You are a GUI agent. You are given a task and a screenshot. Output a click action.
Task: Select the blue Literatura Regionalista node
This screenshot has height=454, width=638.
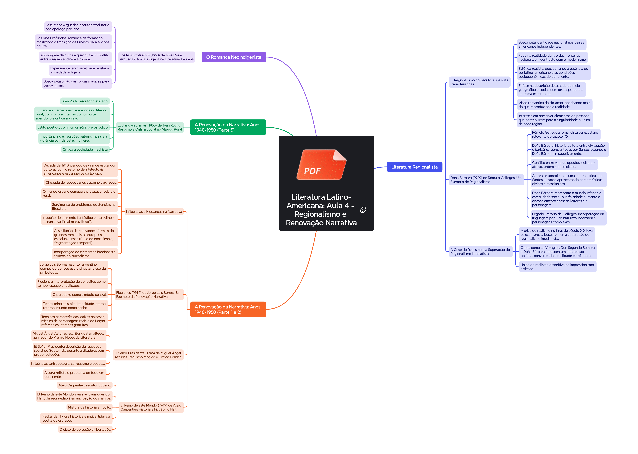(414, 167)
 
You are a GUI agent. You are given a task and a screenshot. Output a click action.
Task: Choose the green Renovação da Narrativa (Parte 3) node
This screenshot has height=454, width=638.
(228, 127)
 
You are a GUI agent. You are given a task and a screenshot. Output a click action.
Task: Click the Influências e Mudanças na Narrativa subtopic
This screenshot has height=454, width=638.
(154, 212)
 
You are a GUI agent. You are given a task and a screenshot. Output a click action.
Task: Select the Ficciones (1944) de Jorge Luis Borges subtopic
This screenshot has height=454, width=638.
(149, 295)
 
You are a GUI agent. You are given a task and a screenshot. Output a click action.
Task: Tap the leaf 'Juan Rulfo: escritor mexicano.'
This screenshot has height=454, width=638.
(85, 101)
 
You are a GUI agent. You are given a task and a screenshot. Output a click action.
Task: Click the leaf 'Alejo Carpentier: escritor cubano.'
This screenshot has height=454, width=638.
(85, 385)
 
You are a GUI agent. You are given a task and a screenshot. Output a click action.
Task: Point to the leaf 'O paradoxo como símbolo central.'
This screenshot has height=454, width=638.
(80, 295)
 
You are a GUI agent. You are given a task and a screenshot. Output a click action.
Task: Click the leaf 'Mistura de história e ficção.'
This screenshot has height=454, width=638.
(89, 407)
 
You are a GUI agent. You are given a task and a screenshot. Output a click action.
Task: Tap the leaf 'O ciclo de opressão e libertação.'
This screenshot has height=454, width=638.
(85, 429)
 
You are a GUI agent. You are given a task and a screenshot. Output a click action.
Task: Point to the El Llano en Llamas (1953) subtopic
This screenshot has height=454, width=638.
(150, 127)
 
